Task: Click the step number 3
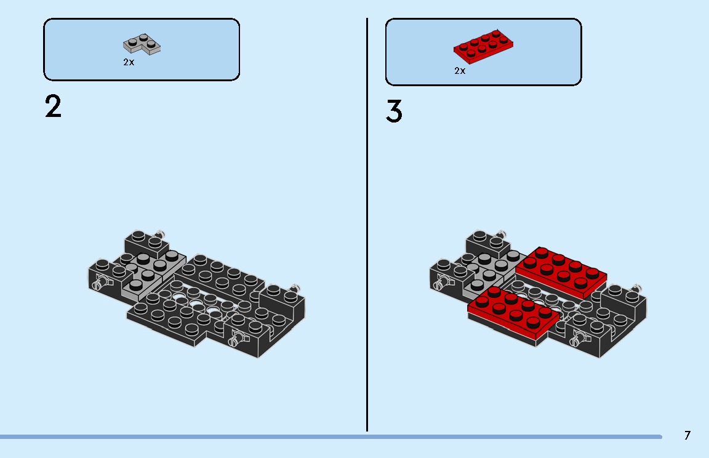pos(395,111)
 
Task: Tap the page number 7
pos(687,435)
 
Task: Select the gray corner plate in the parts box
pos(142,44)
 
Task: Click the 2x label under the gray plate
pos(129,62)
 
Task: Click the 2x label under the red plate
pos(460,71)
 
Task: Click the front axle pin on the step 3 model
pos(578,338)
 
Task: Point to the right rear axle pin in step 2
pos(296,287)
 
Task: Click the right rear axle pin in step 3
pos(638,288)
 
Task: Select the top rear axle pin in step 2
pos(161,233)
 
